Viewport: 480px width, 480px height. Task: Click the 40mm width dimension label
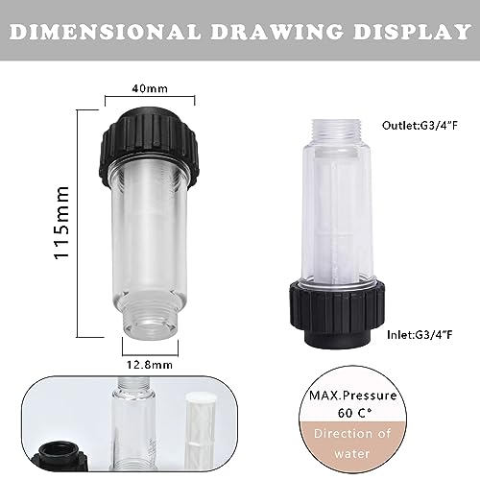[150, 88]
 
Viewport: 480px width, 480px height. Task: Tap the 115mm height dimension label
[61, 223]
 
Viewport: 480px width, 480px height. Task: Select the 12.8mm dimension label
[150, 365]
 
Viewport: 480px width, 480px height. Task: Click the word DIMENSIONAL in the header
[106, 32]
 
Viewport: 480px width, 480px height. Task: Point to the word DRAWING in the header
[276, 32]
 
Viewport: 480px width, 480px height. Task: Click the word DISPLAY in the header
[412, 32]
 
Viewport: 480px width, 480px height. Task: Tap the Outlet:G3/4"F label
[420, 125]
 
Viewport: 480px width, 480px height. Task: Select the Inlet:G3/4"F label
[420, 335]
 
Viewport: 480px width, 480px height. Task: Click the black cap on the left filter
[148, 147]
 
